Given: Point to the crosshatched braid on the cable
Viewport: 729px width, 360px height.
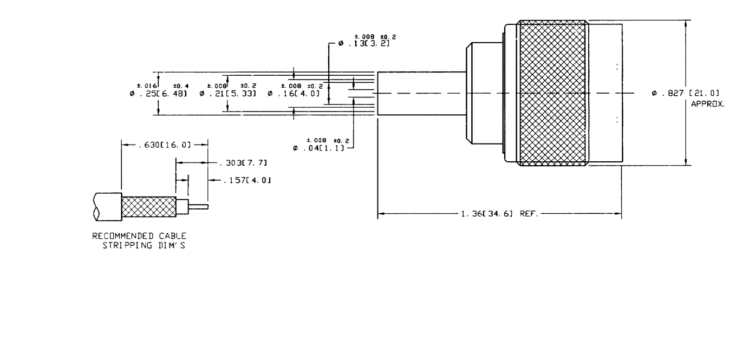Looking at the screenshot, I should (149, 206).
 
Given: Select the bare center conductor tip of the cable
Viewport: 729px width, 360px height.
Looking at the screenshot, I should (199, 206).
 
